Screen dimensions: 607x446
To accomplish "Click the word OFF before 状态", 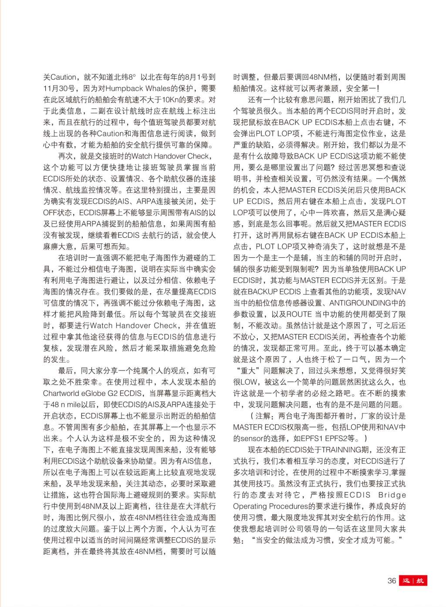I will click(x=53, y=212).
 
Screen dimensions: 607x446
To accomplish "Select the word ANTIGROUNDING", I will click(x=359, y=303).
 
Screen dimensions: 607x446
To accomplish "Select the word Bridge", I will click(x=392, y=495).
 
